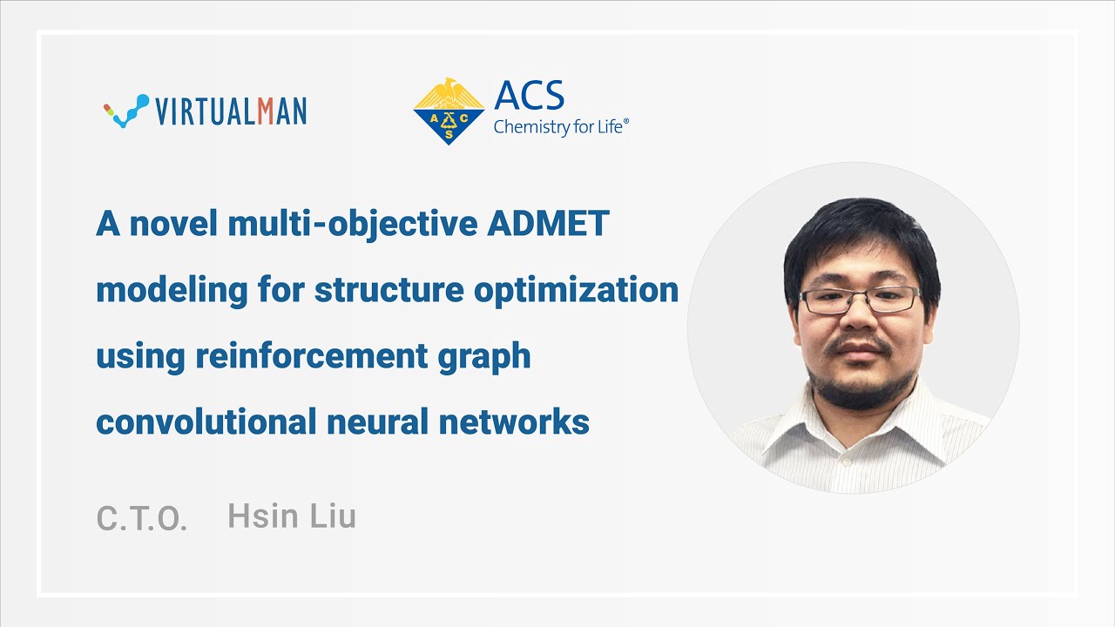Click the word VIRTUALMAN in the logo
(x=231, y=111)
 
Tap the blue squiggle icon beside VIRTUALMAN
(x=126, y=111)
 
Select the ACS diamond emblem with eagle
(x=449, y=111)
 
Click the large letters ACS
(x=529, y=96)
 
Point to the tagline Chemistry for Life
(x=560, y=127)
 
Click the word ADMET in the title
(x=548, y=224)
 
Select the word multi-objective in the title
(x=353, y=224)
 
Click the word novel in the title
(x=173, y=224)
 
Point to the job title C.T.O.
(x=142, y=518)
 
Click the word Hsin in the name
(x=262, y=516)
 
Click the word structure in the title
(x=389, y=290)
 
